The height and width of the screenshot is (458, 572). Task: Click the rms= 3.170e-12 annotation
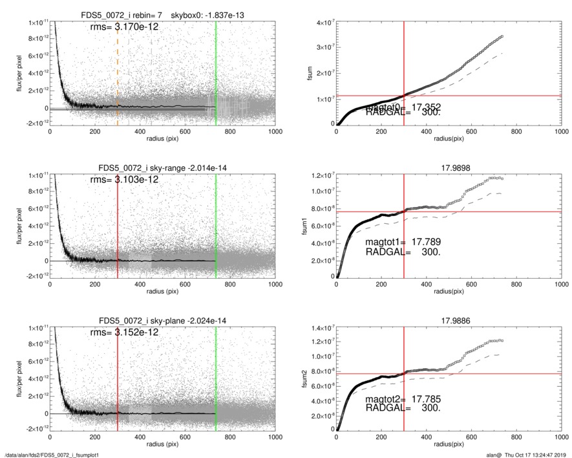point(123,28)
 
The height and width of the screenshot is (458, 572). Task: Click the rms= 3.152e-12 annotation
point(123,332)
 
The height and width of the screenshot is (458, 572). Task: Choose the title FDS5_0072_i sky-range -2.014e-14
point(163,168)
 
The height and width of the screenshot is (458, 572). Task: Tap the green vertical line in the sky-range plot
point(216,220)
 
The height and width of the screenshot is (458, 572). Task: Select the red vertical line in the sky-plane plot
point(118,375)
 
